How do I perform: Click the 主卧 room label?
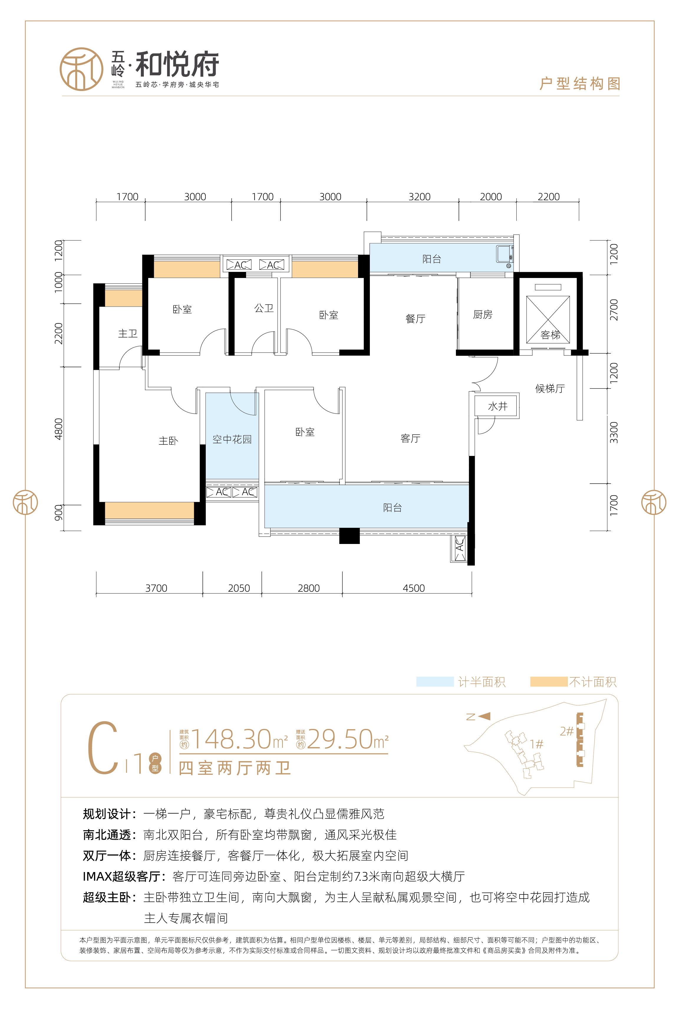point(168,441)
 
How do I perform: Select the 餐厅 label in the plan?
point(415,319)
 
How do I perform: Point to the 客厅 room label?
point(410,438)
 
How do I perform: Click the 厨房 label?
point(482,315)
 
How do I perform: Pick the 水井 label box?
point(497,406)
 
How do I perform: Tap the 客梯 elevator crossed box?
point(548,319)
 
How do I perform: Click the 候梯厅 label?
point(550,388)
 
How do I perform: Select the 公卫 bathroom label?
point(264,308)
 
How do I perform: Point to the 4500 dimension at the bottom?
point(413,588)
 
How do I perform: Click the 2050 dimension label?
point(239,588)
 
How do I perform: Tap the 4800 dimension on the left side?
point(58,429)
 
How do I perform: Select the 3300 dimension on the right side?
point(614,432)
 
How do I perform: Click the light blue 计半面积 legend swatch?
point(435,682)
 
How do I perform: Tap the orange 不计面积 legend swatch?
point(549,682)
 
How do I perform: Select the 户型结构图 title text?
point(580,84)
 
